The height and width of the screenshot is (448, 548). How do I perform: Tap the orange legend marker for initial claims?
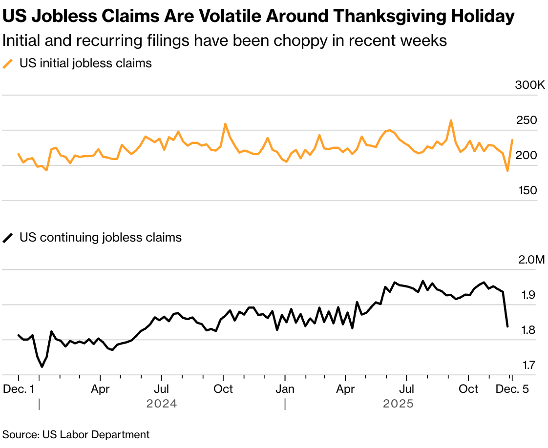pos(8,63)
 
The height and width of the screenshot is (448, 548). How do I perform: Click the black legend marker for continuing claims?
pos(8,238)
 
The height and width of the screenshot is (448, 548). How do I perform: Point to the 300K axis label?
pos(529,85)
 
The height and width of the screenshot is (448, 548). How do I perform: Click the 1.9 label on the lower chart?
pos(529,295)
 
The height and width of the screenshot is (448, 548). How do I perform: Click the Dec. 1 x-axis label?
pos(19,389)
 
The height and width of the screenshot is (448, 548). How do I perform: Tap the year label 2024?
pos(162,404)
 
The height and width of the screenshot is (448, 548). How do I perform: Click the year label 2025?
pos(398,404)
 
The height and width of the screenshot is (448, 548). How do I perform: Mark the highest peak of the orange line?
pos(451,120)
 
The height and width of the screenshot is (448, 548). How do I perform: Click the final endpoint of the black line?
pos(508,326)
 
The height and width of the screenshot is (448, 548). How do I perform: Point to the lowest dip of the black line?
pos(42,367)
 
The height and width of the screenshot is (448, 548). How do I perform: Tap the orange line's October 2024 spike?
pos(225,124)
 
